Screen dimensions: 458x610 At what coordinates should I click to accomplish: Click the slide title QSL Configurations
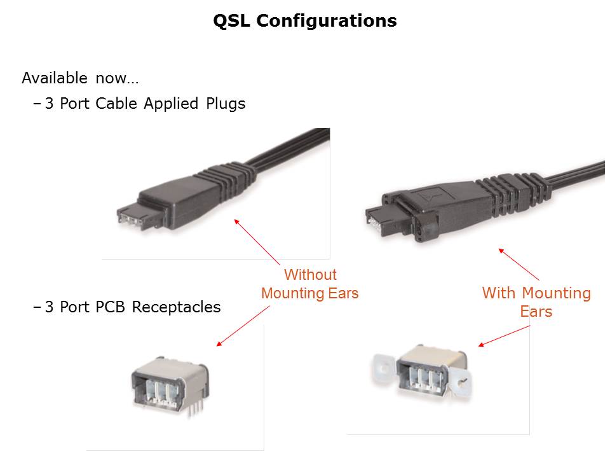[x=304, y=21]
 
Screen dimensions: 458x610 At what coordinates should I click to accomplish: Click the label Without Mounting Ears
[x=309, y=284]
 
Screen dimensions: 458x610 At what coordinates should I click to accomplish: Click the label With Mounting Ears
[x=536, y=302]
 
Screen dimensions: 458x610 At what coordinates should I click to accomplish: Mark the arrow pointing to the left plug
[x=257, y=242]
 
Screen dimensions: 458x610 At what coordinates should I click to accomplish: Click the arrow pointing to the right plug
[x=518, y=265]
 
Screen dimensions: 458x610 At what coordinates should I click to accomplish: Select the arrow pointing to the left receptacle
[x=243, y=325]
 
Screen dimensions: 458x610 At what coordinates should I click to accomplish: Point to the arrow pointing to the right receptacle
[x=503, y=336]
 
